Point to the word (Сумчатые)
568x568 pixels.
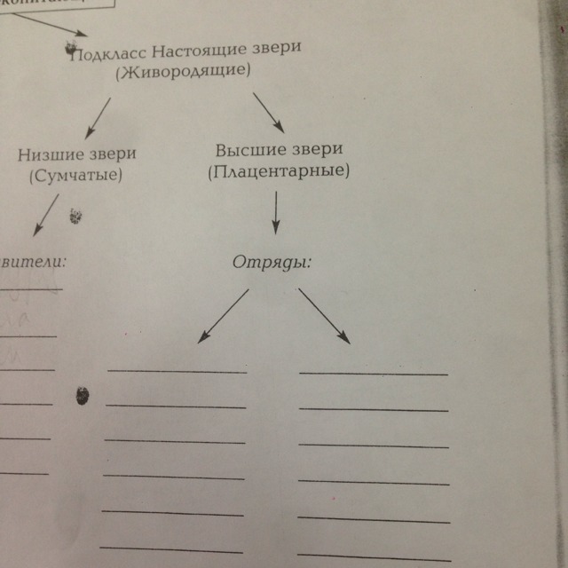pyautogui.click(x=75, y=175)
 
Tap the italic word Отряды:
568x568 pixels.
pyautogui.click(x=274, y=263)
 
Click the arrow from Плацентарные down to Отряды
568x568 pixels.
pyautogui.click(x=275, y=213)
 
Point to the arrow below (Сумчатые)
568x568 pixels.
pyautogui.click(x=44, y=216)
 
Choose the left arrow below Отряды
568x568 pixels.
pyautogui.click(x=223, y=316)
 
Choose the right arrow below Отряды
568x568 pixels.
pyautogui.click(x=324, y=315)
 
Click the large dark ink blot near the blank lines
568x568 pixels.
pyautogui.click(x=84, y=397)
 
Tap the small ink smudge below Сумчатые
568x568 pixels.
pyautogui.click(x=76, y=215)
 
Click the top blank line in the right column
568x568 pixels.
pyautogui.click(x=374, y=375)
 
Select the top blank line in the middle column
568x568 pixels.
pyautogui.click(x=177, y=371)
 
